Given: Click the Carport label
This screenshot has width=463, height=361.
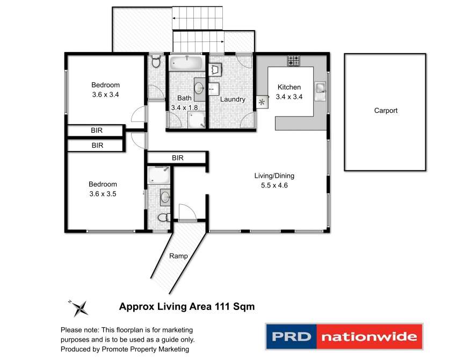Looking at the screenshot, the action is tap(386, 111).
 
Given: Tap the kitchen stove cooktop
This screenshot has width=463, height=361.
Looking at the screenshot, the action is tap(293, 61).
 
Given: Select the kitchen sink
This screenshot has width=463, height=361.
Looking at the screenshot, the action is tap(320, 88).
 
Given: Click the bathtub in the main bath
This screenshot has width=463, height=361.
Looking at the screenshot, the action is tap(186, 63).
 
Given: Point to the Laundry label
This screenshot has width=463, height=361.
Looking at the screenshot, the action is tap(233, 99).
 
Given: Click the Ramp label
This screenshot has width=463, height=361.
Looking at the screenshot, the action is tap(178, 256).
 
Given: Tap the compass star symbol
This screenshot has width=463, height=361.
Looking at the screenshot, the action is tap(79, 308).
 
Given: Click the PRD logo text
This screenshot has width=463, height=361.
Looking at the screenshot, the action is tap(291, 336).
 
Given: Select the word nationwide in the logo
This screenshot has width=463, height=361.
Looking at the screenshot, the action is tap(369, 337).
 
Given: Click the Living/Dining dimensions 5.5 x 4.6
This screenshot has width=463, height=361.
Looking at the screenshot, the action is tap(274, 185).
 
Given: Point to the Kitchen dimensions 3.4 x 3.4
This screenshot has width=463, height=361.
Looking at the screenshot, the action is tap(289, 97).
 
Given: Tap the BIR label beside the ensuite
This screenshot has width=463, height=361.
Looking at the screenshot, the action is tap(177, 158).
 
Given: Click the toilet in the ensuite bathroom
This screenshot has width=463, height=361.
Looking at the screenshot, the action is tap(164, 218).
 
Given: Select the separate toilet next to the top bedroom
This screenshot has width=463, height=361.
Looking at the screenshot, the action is tap(156, 61).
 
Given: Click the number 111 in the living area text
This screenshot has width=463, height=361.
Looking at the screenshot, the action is tap(223, 306).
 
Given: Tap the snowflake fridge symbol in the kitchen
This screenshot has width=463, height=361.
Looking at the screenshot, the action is tap(262, 103).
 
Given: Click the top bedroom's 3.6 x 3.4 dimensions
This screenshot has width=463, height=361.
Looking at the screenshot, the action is tap(105, 95).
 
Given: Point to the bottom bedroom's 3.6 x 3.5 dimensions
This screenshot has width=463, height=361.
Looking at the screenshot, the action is tap(103, 194).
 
